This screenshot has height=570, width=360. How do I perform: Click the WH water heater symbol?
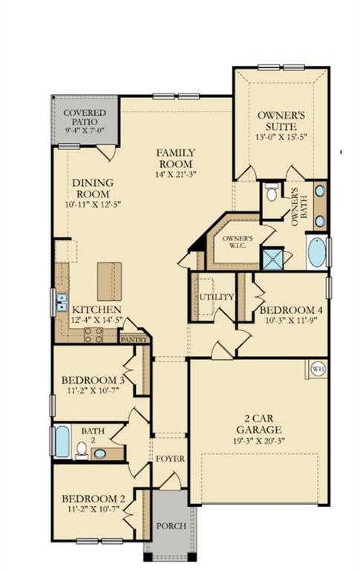(318, 369)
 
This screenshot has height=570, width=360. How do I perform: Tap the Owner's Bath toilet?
(271, 192)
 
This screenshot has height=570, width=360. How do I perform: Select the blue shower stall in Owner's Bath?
(272, 259)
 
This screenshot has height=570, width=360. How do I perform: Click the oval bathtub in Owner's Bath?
(318, 252)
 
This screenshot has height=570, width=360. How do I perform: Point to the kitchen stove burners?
(94, 335)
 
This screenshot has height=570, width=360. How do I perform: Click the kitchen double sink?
(62, 303)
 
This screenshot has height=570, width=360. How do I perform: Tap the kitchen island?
(109, 281)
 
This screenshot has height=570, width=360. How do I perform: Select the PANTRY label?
(134, 340)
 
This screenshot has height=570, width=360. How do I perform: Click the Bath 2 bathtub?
(62, 442)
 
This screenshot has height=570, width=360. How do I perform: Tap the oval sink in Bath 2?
(100, 453)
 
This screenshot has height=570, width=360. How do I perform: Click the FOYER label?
(170, 459)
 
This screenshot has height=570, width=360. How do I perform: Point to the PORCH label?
(171, 525)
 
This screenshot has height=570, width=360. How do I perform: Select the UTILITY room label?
(216, 297)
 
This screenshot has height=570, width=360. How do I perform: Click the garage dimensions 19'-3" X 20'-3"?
(258, 441)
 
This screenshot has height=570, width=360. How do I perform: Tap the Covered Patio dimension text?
(85, 130)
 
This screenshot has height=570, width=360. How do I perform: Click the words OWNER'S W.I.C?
(238, 242)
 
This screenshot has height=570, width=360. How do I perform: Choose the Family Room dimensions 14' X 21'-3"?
(176, 174)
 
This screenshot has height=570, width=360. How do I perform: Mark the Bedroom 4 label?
(291, 310)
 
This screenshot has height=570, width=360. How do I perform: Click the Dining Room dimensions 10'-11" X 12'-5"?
(93, 204)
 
